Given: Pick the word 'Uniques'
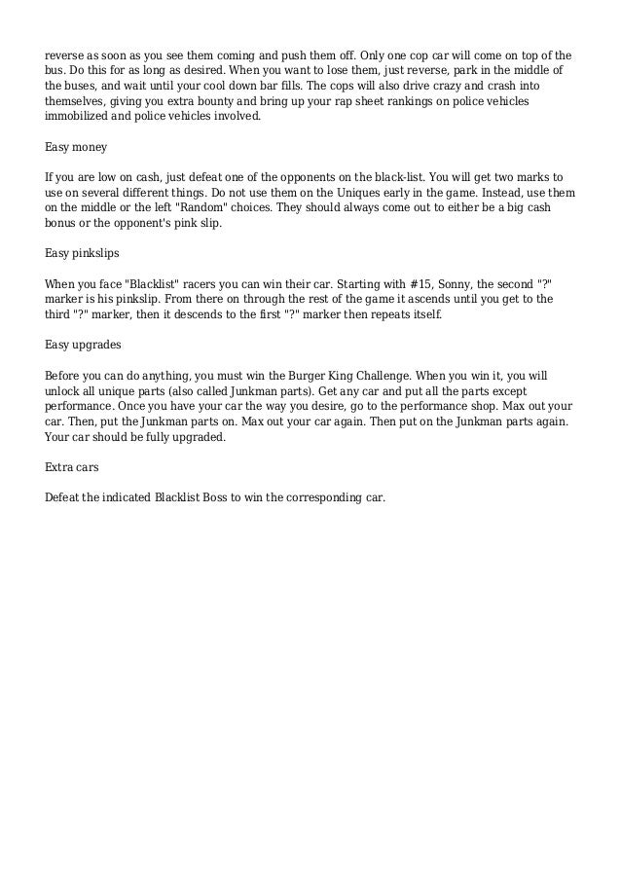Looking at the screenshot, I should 298,194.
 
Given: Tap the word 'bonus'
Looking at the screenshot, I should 64,224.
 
